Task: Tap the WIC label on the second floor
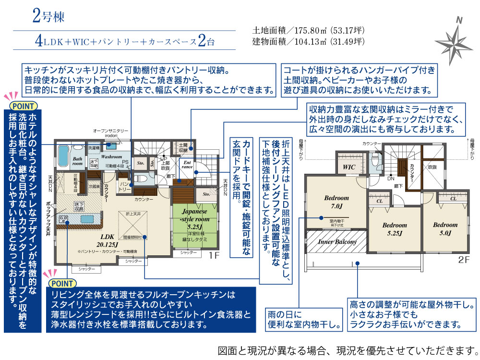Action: (x=348, y=167)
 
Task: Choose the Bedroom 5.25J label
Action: (x=395, y=228)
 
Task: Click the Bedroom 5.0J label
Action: (x=445, y=228)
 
